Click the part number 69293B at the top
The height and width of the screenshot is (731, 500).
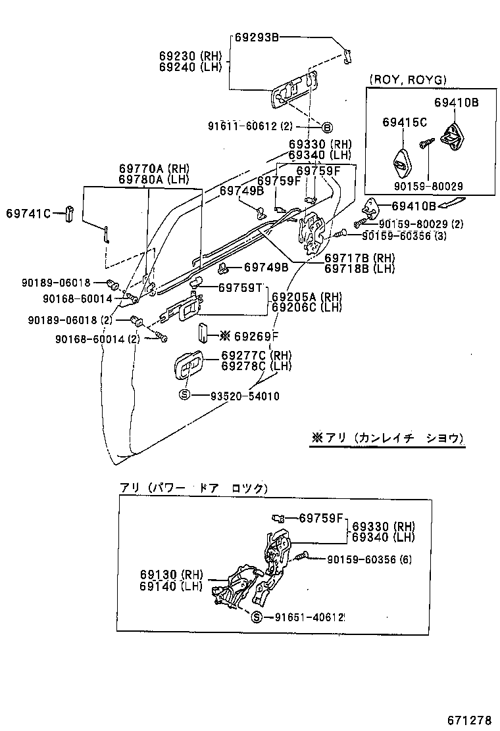(x=257, y=38)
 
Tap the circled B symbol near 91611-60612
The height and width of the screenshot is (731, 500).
(x=327, y=127)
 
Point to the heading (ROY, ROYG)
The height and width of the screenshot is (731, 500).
(x=408, y=80)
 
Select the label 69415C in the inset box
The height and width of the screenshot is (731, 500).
(x=405, y=122)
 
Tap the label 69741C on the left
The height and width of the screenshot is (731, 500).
(x=28, y=213)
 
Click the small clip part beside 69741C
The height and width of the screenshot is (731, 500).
(x=69, y=215)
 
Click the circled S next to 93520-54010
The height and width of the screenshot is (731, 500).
(x=185, y=395)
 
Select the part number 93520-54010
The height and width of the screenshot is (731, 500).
(x=245, y=396)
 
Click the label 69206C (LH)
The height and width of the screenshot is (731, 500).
(x=307, y=307)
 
